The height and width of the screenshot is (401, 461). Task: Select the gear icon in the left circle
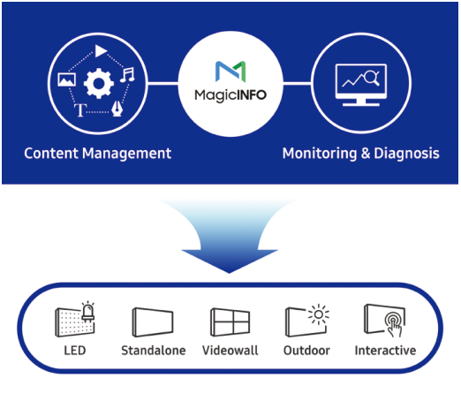(x=99, y=84)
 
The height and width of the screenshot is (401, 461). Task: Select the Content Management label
(x=97, y=154)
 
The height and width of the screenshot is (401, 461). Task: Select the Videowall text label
(x=230, y=351)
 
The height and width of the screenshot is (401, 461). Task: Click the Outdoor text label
(x=306, y=351)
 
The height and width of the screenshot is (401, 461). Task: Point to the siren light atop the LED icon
(x=88, y=308)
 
